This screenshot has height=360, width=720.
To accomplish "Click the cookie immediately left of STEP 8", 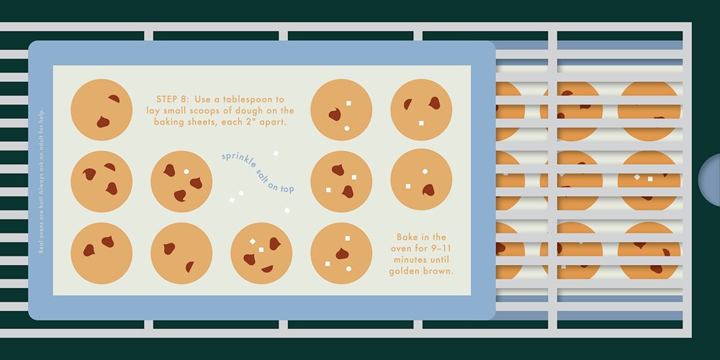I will coord(102,109).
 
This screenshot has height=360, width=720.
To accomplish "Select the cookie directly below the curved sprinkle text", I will coord(261,253).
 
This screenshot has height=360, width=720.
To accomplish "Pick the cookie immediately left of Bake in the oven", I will coord(341,253).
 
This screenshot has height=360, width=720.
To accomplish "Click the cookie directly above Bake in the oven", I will coord(421,180).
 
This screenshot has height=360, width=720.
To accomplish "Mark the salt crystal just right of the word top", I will coord(287,210).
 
